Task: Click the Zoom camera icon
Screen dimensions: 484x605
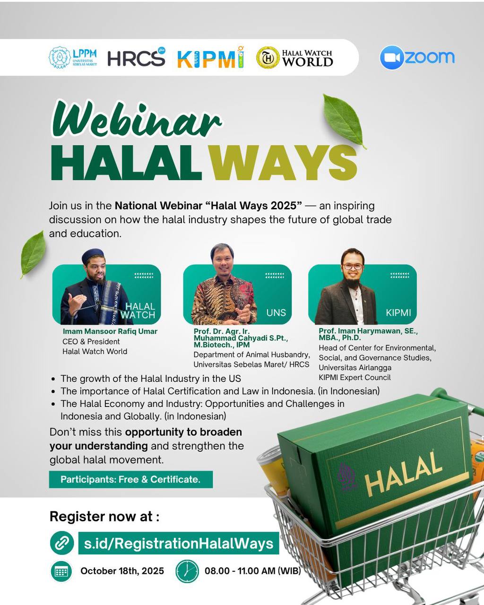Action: click(x=392, y=57)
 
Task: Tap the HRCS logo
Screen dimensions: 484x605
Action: click(x=137, y=57)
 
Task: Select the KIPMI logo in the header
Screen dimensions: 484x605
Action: click(x=211, y=57)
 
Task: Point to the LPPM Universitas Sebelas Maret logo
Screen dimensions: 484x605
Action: click(x=73, y=57)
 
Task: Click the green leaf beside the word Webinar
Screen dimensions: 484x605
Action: click(x=343, y=121)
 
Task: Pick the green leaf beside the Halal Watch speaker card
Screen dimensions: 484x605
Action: click(x=33, y=254)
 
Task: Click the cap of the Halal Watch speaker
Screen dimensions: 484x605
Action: click(x=94, y=255)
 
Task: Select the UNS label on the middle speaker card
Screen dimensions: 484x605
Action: click(x=276, y=312)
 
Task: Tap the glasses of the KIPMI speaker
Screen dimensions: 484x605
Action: click(x=352, y=266)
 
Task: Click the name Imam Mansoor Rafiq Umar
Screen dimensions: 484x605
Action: click(x=110, y=331)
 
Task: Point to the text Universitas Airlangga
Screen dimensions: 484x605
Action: click(x=355, y=368)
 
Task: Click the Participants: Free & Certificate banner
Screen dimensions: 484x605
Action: click(x=131, y=479)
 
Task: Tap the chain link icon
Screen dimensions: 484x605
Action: click(x=62, y=543)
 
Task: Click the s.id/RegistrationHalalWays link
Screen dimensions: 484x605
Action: click(x=179, y=543)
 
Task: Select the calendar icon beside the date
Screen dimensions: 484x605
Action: click(x=61, y=571)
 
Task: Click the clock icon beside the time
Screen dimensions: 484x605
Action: click(x=187, y=571)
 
